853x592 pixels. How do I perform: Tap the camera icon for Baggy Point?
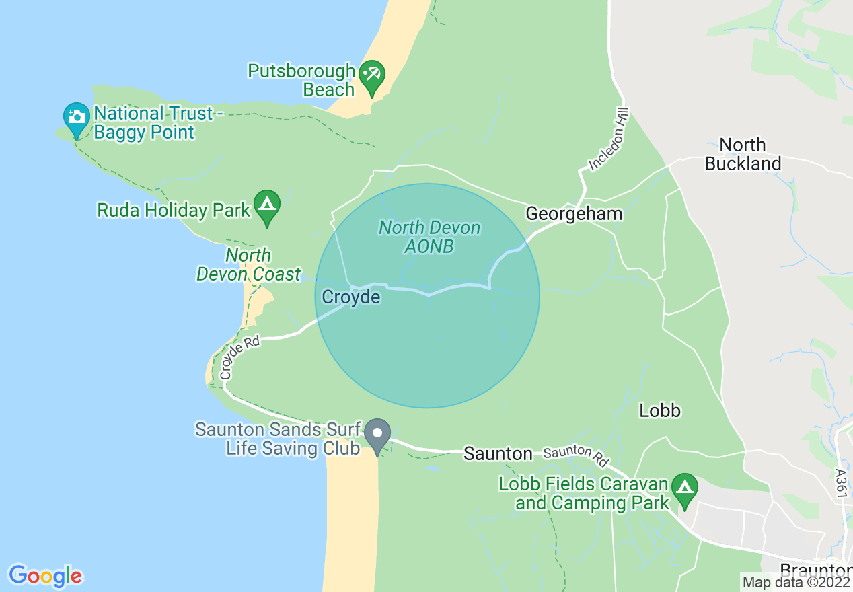tap(76, 118)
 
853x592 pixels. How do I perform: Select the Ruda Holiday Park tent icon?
tap(267, 205)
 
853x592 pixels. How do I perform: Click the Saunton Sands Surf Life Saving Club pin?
tap(377, 434)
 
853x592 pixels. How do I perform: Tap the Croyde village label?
tap(350, 297)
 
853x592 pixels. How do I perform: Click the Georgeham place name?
tap(574, 214)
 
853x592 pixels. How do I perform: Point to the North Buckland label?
tap(743, 154)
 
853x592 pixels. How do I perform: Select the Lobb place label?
tap(660, 410)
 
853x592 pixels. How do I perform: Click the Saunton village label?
tap(498, 454)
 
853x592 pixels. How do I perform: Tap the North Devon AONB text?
tap(429, 237)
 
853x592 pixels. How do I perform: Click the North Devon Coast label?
tap(248, 264)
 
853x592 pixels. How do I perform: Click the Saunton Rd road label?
tap(576, 457)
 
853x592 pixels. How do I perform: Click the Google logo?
tap(45, 577)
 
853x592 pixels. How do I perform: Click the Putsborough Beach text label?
tap(301, 80)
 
